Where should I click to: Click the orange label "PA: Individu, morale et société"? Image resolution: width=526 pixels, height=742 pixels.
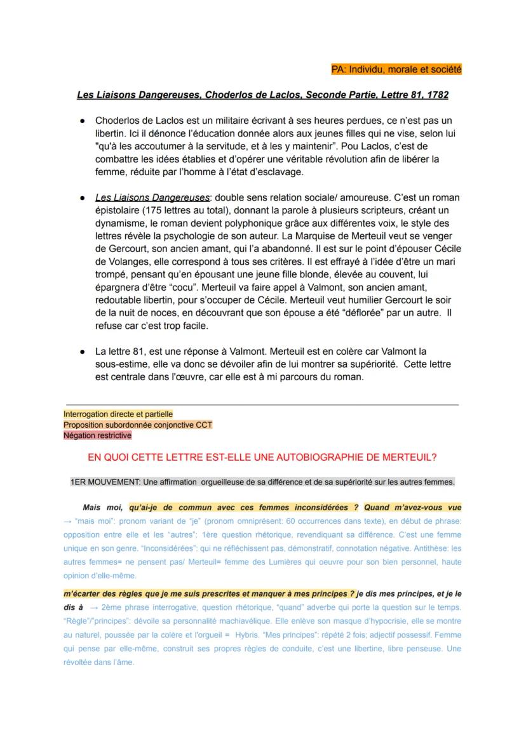396,69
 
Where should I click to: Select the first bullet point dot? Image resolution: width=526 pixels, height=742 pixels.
83,121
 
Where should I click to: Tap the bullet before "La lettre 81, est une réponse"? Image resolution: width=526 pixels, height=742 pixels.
83,351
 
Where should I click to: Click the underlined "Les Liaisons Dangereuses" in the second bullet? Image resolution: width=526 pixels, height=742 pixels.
152,197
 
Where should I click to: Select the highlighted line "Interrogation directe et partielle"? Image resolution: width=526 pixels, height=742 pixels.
118,414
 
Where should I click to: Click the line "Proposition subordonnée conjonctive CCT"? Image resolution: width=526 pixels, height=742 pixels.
138,425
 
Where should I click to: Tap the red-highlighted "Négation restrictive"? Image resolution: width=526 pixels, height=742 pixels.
97,435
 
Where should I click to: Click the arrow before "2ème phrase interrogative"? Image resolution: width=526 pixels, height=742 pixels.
93,607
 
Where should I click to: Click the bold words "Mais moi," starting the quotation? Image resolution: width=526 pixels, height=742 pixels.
102,508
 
